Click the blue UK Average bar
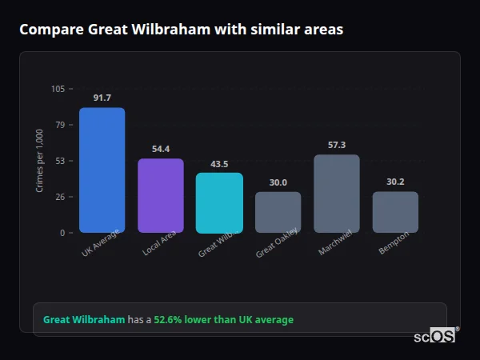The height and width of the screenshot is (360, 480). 102,170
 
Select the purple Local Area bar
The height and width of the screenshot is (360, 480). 161,196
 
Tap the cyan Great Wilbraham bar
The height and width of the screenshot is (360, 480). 219,203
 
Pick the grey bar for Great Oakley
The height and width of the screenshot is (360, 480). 278,212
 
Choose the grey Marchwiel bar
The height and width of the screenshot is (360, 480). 337,194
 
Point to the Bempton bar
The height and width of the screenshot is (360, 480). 395,212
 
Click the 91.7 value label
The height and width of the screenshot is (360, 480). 102,98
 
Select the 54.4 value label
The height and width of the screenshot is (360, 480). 161,149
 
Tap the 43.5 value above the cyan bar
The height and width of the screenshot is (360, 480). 219,163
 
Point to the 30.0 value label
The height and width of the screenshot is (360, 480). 278,182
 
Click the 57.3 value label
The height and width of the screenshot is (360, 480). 337,145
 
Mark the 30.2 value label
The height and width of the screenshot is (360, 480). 395,182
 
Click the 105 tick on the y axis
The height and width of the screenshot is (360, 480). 58,89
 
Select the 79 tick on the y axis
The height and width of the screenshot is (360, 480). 60,125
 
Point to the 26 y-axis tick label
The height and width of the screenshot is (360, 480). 60,197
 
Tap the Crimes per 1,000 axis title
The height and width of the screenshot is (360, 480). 39,161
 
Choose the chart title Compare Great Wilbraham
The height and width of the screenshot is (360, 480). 181,30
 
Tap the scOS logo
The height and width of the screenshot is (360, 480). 435,337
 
